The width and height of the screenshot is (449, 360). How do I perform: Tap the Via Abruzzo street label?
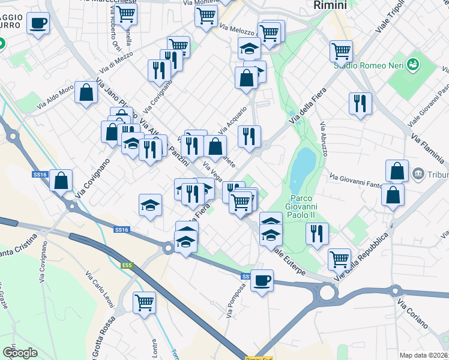tap(324, 139)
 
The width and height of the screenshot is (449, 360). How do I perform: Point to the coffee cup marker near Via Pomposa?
tap(261, 280)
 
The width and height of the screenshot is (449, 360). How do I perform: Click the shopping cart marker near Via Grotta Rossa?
tap(144, 302)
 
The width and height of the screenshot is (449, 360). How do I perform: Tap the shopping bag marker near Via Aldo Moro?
tap(86, 92)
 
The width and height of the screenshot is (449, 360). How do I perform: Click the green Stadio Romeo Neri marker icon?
tap(412, 63)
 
